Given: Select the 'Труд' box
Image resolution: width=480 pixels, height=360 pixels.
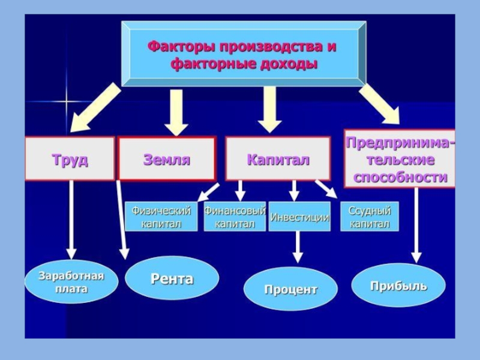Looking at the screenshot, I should pos(70,159).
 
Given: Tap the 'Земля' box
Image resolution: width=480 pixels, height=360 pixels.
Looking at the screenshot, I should pos(166,159).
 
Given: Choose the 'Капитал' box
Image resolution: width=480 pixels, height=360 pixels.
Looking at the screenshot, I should pos(278,159).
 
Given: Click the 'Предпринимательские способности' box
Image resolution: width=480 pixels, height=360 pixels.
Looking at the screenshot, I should pos(399,160).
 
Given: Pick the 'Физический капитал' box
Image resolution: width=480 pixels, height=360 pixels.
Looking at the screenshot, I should pos(161,217).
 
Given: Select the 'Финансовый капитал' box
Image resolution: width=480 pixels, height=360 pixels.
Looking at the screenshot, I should pos(235,217).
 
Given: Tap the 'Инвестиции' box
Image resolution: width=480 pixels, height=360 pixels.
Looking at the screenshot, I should pos(299,218).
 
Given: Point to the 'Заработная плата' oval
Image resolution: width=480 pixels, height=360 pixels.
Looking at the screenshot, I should pos(71,282).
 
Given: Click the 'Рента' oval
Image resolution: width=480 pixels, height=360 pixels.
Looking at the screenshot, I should pos(172,278).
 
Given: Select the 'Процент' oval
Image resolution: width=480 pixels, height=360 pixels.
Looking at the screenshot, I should pos(290,289).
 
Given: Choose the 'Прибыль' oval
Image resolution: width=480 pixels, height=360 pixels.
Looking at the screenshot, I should pos(398,285).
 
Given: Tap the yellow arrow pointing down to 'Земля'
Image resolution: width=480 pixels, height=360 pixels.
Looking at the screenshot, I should pos(176,112).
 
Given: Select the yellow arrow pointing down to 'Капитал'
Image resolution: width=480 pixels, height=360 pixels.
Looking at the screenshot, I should pos(270,109).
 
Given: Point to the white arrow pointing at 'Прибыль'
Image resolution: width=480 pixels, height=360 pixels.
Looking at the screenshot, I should pos(415,225).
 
